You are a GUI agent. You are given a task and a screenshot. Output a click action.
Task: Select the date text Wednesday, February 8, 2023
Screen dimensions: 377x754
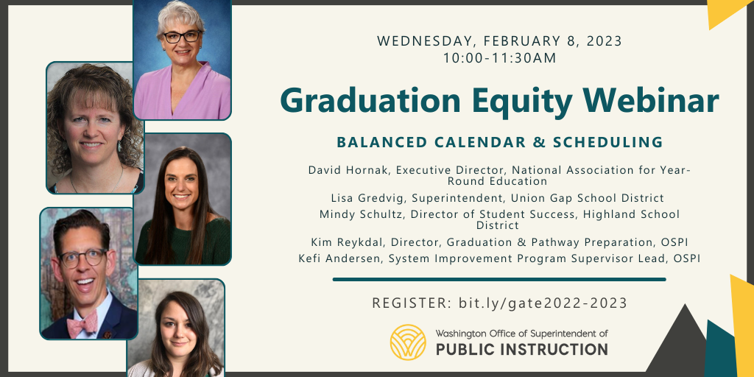coord(499,41)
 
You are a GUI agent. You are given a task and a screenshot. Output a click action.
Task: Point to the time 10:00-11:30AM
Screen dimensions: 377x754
coord(499,57)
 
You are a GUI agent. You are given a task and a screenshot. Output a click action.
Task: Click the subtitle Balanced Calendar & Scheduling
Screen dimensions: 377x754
coord(499,142)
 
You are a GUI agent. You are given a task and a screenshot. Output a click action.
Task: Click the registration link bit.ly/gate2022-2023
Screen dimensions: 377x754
coord(543,303)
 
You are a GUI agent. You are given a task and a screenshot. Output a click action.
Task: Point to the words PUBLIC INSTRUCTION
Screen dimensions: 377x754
coord(521,349)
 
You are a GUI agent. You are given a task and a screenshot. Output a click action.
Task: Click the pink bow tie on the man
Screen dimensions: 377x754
coord(82,323)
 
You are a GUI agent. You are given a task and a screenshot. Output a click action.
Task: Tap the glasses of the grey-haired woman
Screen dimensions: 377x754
coord(181,36)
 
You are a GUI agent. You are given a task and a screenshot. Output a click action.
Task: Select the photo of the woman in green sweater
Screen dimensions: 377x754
coord(183,199)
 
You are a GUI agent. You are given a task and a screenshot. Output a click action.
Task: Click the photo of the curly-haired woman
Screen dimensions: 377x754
coord(94,127)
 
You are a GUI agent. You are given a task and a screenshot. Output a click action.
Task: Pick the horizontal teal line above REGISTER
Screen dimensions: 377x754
coord(499,280)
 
